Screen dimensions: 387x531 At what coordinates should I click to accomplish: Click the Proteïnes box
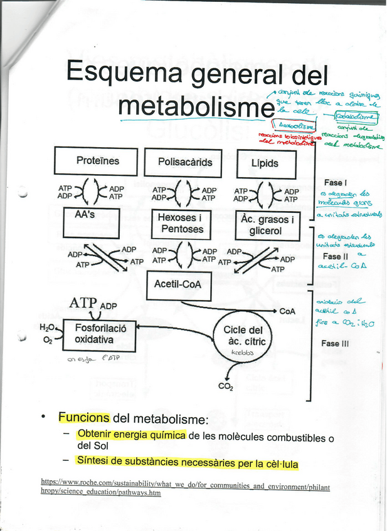pyautogui.click(x=97, y=161)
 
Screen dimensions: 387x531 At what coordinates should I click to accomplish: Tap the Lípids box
pyautogui.click(x=265, y=164)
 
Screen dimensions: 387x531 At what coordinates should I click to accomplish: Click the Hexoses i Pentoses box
pyautogui.click(x=181, y=224)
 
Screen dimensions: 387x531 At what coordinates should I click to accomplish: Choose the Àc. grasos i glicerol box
pyautogui.click(x=266, y=225)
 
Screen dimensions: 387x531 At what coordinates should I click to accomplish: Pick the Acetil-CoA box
pyautogui.click(x=178, y=285)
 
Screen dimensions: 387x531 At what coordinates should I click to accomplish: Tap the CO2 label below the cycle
pyautogui.click(x=226, y=386)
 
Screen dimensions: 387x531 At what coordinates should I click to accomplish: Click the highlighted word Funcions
pyautogui.click(x=84, y=418)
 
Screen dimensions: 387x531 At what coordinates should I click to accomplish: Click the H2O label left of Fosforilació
pyautogui.click(x=46, y=327)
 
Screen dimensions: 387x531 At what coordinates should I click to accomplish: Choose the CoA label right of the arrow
pyautogui.click(x=287, y=311)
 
